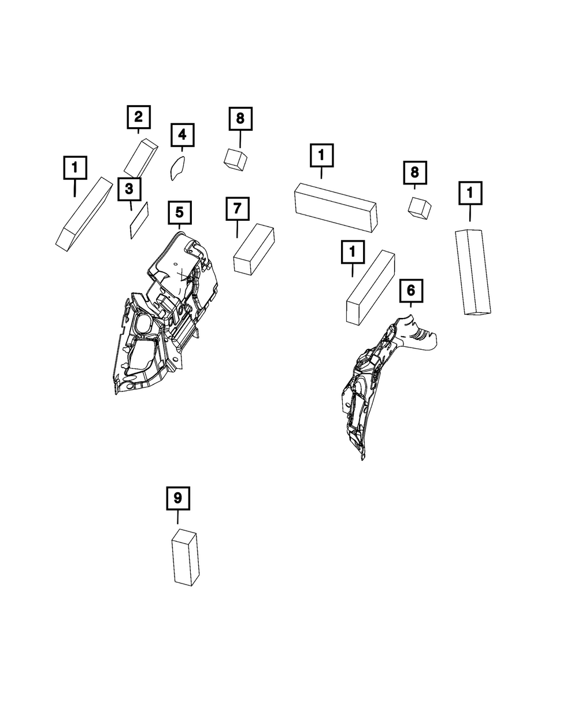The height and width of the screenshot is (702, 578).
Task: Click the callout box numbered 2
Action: click(139, 117)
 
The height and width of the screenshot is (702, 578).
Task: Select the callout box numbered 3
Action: click(129, 189)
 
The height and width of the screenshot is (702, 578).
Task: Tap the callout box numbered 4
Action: click(182, 135)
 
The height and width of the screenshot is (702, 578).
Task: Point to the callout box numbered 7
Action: click(237, 209)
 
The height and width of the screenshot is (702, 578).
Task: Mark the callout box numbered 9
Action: click(178, 497)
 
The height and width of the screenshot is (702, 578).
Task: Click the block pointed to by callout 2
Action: click(140, 158)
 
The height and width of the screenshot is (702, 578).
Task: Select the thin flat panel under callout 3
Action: click(139, 220)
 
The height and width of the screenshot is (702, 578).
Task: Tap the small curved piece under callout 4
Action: click(177, 168)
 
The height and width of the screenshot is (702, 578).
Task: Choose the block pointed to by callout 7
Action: click(253, 249)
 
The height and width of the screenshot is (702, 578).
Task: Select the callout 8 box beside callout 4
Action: click(240, 119)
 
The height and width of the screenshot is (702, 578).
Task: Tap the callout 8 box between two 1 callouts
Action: click(414, 172)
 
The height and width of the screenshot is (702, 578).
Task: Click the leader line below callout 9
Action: click(178, 518)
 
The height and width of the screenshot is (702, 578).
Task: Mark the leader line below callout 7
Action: click(237, 229)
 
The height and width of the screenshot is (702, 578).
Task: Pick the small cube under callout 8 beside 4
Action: click(235, 158)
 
